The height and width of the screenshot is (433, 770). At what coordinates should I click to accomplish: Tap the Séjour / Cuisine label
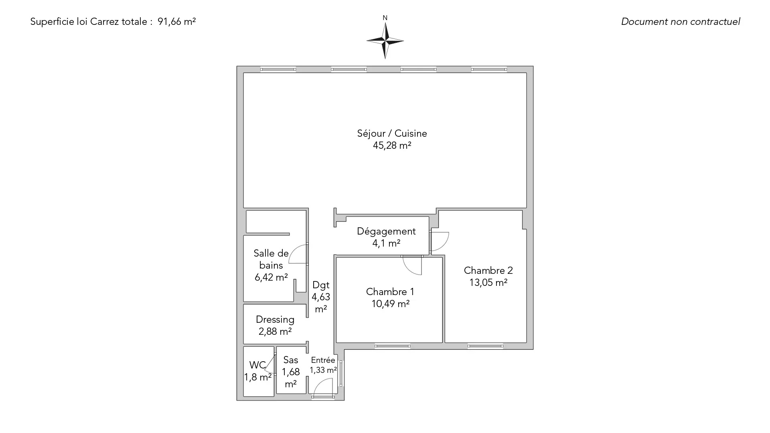pyautogui.click(x=392, y=134)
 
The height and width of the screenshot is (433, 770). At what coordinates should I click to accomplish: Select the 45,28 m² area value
pyautogui.click(x=392, y=146)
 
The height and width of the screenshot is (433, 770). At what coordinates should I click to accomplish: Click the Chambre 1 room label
pyautogui.click(x=390, y=291)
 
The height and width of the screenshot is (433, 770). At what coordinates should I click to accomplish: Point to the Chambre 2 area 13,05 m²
pyautogui.click(x=488, y=283)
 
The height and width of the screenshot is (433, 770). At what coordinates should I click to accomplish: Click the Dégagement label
pyautogui.click(x=386, y=231)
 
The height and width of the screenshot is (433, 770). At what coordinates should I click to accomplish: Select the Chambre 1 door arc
pyautogui.click(x=412, y=265)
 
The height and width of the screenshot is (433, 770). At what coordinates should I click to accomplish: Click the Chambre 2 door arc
pyautogui.click(x=440, y=241)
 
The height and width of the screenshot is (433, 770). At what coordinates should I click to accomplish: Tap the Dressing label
pyautogui.click(x=275, y=320)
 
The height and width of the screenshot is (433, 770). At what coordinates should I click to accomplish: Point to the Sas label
pyautogui.click(x=290, y=360)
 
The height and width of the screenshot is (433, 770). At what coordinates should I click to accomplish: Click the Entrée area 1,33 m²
pyautogui.click(x=323, y=370)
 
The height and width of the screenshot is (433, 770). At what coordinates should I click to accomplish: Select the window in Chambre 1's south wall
pyautogui.click(x=392, y=346)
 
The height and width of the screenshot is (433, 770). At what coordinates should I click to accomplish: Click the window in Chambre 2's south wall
pyautogui.click(x=485, y=346)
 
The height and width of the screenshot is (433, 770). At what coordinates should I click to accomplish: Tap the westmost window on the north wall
pyautogui.click(x=278, y=69)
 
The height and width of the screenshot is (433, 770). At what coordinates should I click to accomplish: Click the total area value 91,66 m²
pyautogui.click(x=176, y=22)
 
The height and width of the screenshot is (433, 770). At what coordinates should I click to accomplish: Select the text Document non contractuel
pyautogui.click(x=681, y=22)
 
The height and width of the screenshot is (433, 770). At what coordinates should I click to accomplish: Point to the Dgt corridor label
pyautogui.click(x=321, y=285)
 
